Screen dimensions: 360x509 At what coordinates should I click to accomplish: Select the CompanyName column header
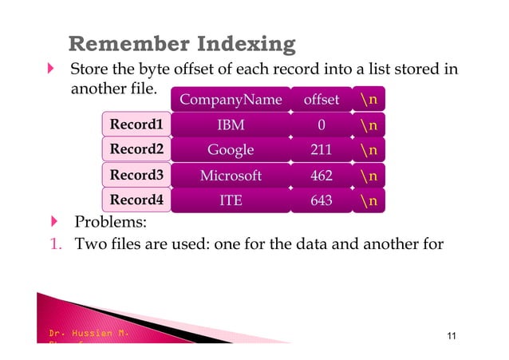coord(231,100)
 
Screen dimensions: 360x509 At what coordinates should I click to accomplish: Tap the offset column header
coord(321,100)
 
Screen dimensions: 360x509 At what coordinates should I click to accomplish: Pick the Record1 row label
coord(136,125)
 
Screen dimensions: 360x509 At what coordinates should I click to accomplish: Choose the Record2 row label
coord(136,149)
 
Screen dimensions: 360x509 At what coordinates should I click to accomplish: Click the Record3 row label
coord(136,175)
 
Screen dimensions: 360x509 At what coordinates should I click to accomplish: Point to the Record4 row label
coord(136,200)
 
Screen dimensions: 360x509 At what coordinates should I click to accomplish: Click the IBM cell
coord(231,125)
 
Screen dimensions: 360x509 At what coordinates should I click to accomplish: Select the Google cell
coord(231,150)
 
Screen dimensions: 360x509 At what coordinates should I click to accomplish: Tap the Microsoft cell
coord(231,176)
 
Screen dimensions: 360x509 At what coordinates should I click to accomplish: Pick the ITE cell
coord(231,201)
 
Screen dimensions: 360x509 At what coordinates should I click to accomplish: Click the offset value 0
coord(321,125)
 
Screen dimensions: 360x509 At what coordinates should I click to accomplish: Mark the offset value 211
coord(321,150)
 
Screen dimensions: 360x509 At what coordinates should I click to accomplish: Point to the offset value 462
coord(321,176)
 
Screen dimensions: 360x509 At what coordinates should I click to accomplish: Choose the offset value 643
coord(321,201)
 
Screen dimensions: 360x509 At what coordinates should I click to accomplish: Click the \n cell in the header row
coord(369,100)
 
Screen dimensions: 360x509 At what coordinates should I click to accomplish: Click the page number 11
coord(452,335)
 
